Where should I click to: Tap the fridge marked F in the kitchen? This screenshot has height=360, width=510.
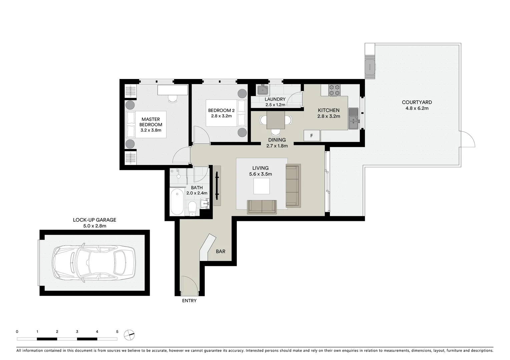click(x=312, y=136)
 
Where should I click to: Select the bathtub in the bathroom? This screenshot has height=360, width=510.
click(x=177, y=202)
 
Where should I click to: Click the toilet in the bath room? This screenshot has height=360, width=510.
click(x=192, y=208)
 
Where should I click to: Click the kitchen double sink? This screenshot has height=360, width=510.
click(x=353, y=118)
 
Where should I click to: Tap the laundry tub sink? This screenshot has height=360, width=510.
click(x=263, y=90)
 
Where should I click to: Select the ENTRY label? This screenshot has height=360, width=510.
click(x=189, y=301)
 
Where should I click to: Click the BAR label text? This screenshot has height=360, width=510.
click(x=220, y=251)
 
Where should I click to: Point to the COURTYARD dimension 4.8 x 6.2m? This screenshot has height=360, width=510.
click(x=417, y=108)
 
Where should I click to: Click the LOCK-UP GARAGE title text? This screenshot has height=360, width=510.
click(x=94, y=220)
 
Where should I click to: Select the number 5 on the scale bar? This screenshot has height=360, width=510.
click(x=117, y=332)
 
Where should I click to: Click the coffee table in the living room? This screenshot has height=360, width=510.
click(x=262, y=186)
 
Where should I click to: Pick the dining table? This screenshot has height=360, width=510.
click(x=276, y=120)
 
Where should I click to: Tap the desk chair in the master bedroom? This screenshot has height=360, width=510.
click(x=172, y=98)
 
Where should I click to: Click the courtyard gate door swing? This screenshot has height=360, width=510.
click(x=468, y=139)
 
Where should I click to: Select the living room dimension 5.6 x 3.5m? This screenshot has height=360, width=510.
click(x=261, y=174)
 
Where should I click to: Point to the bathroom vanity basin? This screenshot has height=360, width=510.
click(x=204, y=203)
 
